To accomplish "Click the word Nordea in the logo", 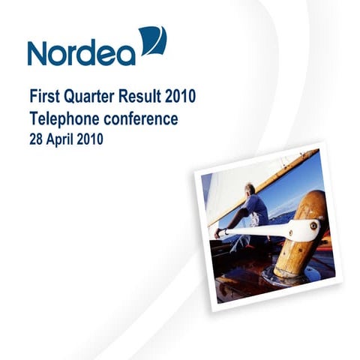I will (x=81, y=52).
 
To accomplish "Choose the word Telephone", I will (x=65, y=118).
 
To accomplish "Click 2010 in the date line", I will (x=91, y=139).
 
